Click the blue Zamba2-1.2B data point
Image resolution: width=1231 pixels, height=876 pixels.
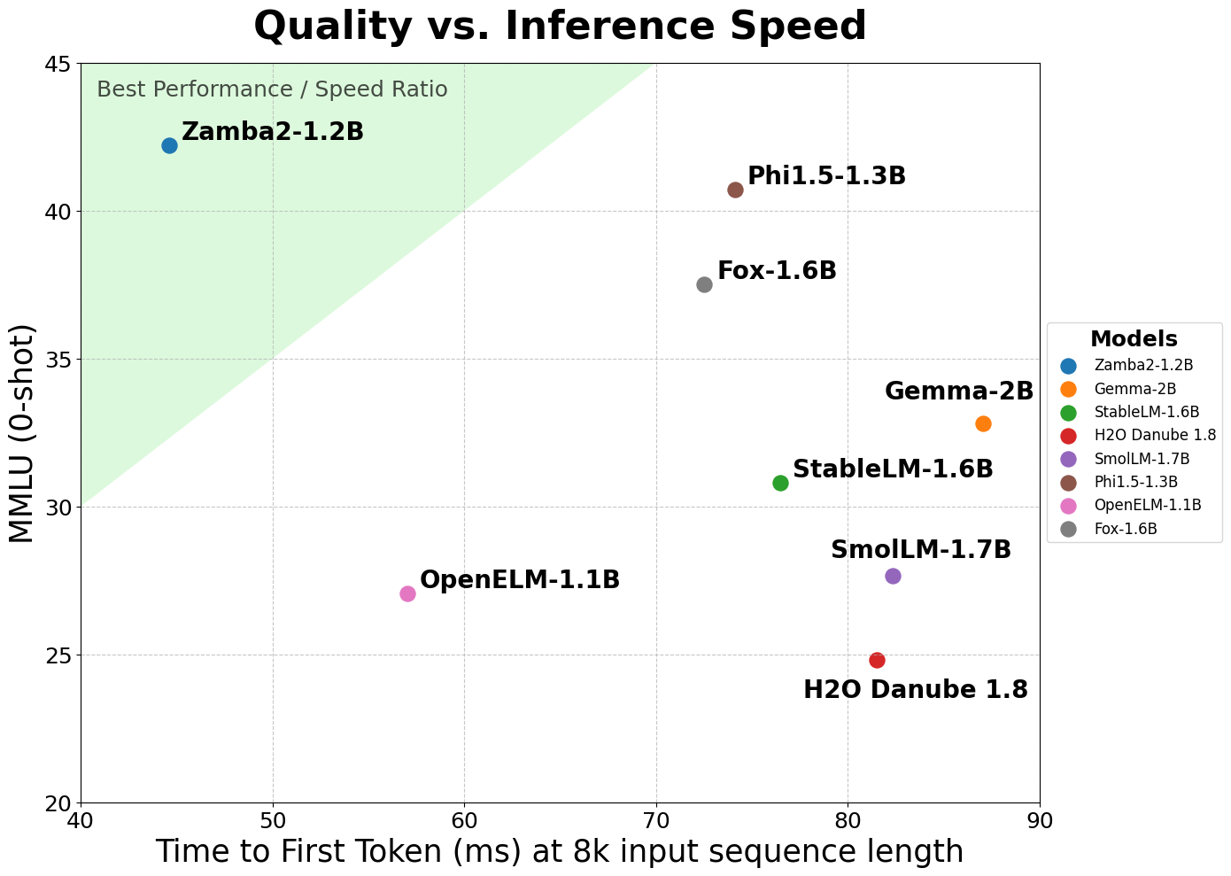169,145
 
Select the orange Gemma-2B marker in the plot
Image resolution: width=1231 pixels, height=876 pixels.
983,423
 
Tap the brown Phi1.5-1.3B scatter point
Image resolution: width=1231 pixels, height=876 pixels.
735,190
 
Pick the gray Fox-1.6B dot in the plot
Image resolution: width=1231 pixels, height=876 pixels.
704,284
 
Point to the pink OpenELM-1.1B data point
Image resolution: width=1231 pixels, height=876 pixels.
407,593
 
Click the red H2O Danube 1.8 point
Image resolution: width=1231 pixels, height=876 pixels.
877,660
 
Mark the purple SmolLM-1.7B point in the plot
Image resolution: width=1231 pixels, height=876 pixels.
893,576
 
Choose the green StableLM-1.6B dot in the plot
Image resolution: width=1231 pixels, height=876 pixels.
780,483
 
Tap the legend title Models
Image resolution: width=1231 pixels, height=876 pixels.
1134,339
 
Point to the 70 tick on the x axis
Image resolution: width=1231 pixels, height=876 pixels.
656,820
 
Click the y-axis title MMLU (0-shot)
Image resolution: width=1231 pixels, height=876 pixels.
21,433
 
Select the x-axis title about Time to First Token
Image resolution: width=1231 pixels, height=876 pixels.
560,851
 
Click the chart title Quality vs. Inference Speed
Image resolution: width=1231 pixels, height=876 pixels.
560,26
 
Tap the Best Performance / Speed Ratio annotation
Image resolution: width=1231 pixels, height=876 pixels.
272,89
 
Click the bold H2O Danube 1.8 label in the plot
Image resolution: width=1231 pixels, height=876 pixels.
916,690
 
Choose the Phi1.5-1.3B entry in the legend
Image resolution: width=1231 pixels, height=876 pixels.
1135,482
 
